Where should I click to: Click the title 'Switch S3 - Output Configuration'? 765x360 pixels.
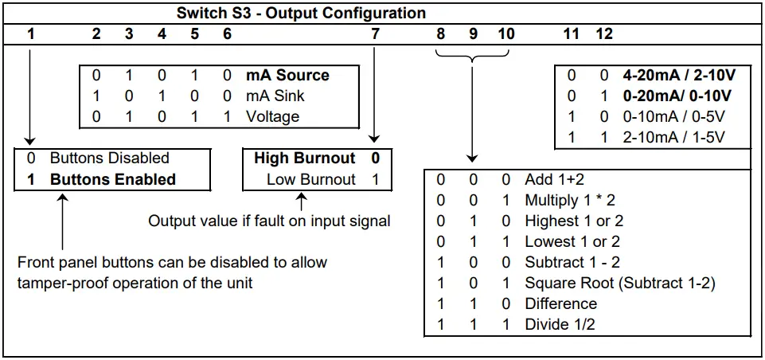coord(301,14)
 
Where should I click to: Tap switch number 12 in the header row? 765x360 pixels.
coord(604,34)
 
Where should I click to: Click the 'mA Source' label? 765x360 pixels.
coord(287,76)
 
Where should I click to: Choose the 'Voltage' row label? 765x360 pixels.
coord(273,117)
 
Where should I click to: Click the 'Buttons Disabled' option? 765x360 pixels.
coord(109,158)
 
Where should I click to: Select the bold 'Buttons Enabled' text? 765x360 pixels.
coord(112,179)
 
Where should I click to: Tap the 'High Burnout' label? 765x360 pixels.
coord(304,158)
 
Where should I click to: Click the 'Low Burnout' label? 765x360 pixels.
coord(310,179)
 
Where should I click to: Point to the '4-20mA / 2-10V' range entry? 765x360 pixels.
coord(679,76)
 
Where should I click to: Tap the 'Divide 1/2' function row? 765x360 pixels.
coord(560,324)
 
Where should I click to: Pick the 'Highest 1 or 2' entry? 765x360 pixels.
coord(573,221)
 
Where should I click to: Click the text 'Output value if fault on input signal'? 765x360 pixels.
coord(269,221)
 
